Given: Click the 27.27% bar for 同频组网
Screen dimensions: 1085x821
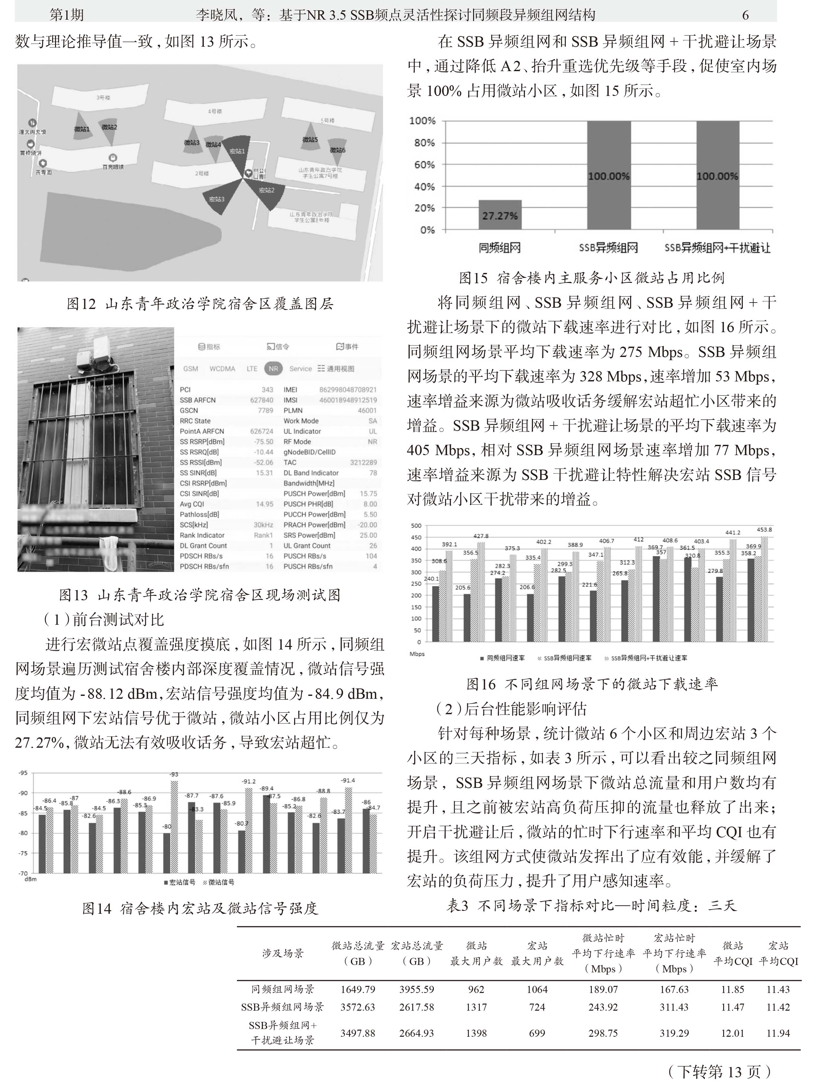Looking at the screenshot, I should click(x=500, y=215).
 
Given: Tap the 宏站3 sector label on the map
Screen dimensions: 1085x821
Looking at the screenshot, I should click(x=216, y=199).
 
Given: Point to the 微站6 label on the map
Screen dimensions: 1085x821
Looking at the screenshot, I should click(x=337, y=150).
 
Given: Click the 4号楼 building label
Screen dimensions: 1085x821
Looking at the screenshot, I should click(x=215, y=111).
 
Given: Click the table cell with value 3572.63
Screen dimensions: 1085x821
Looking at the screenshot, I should click(x=358, y=1007).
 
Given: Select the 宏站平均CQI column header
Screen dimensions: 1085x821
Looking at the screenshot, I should click(x=778, y=953).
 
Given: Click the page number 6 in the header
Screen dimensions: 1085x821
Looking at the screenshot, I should click(x=745, y=15).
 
